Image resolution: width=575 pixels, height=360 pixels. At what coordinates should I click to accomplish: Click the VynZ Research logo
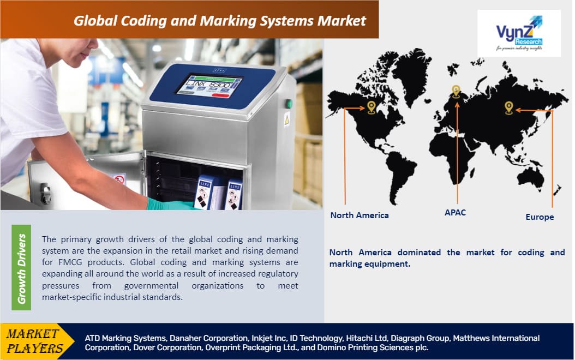click(x=519, y=33)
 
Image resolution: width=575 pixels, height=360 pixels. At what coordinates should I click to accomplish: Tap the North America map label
click(x=360, y=215)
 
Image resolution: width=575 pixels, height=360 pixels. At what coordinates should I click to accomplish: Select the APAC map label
click(x=455, y=212)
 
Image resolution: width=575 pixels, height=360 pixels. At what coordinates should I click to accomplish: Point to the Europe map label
click(x=540, y=217)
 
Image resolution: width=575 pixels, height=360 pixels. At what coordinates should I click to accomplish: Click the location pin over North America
click(x=372, y=106)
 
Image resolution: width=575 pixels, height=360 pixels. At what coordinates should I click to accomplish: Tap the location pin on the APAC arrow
click(x=456, y=91)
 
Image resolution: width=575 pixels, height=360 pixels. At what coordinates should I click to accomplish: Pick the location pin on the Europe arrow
click(x=509, y=107)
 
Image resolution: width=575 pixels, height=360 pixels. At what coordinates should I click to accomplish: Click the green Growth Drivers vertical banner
click(x=21, y=268)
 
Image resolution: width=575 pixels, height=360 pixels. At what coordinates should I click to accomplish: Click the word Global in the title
click(x=97, y=21)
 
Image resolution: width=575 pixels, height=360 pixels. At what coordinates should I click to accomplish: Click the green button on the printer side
click(x=289, y=104)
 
